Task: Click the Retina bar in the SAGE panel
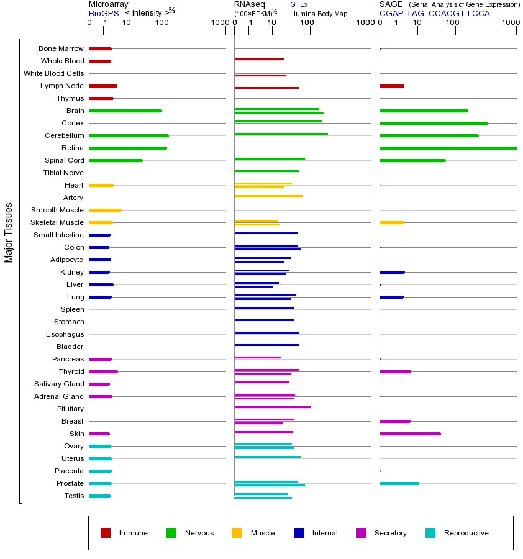[448, 148]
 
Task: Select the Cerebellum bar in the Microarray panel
[129, 135]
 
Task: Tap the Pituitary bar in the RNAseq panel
[272, 407]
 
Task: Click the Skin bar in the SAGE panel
[410, 434]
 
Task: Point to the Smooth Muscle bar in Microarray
[105, 210]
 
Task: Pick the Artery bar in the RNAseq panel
[268, 196]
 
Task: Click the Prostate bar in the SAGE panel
[399, 483]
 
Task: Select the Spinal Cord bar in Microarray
[116, 160]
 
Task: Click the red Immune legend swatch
[106, 533]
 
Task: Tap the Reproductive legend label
[466, 533]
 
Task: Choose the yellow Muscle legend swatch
[237, 533]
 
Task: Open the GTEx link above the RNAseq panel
[299, 4]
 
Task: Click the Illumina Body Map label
[319, 13]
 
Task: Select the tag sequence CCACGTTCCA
[459, 12]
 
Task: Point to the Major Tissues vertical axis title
[9, 232]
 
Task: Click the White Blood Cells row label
[53, 73]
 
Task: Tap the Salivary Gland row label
[59, 384]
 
